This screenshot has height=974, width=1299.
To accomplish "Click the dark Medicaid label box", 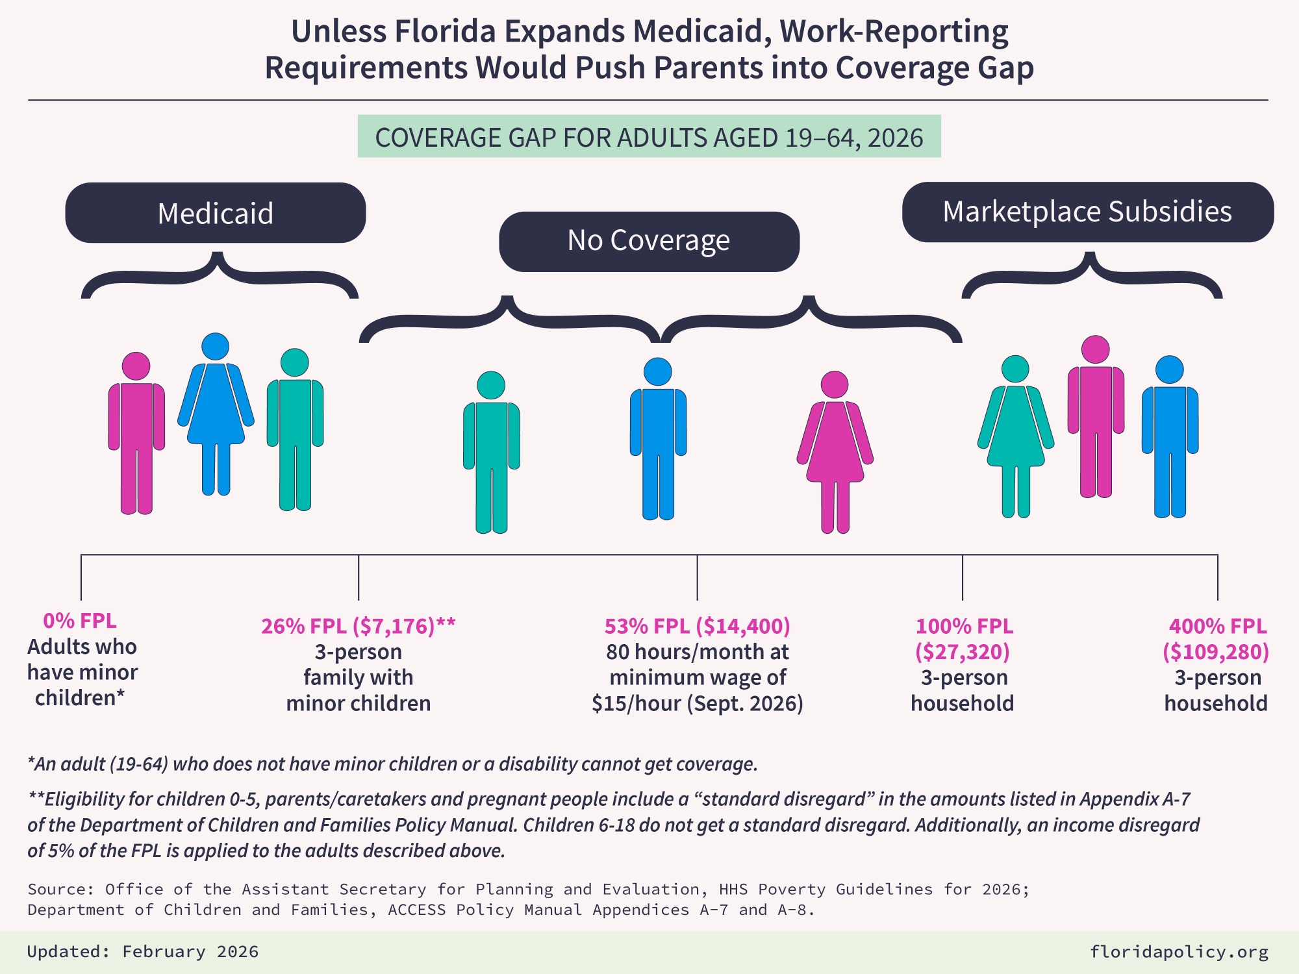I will click(x=215, y=213).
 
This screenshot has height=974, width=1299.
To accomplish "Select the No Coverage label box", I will click(x=649, y=241).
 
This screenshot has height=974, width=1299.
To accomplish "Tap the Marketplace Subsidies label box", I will click(x=1087, y=212).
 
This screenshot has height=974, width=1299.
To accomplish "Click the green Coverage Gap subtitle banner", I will click(x=649, y=136).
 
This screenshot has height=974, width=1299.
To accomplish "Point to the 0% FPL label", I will click(x=80, y=621).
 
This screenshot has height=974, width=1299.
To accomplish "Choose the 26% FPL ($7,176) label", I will click(x=358, y=626).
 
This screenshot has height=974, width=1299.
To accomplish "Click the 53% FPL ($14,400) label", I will click(x=697, y=626).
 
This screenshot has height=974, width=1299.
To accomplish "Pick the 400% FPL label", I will click(x=1217, y=626).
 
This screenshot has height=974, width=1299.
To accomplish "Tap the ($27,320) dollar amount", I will click(x=962, y=651).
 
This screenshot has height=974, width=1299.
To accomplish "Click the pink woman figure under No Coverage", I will click(x=835, y=448).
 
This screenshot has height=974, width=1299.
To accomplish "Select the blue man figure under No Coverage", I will click(x=658, y=435).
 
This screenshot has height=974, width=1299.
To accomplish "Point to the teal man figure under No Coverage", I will click(x=491, y=448).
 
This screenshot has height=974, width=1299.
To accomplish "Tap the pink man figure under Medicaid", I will click(x=136, y=429).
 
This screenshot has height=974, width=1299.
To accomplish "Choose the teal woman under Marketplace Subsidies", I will click(x=1015, y=432).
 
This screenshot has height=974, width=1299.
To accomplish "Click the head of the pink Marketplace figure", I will click(x=1095, y=349).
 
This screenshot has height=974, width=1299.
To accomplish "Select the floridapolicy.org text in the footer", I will click(x=1179, y=952).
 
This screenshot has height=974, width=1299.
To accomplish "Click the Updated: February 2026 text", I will click(x=143, y=952).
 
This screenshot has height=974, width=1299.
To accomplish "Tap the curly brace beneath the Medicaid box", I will click(x=219, y=276).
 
